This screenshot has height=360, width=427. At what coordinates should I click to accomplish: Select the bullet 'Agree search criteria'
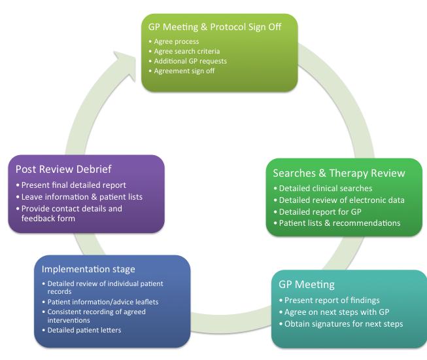pos(186,52)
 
